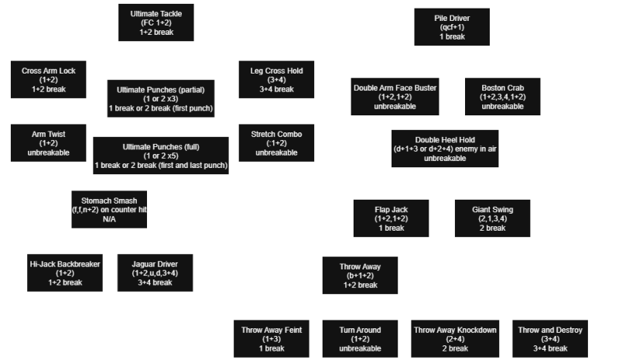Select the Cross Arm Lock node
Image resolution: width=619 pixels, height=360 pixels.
pyautogui.click(x=49, y=80)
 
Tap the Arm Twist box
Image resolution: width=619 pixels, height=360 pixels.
pyautogui.click(x=49, y=143)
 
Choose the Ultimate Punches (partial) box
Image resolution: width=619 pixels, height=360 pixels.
pyautogui.click(x=161, y=98)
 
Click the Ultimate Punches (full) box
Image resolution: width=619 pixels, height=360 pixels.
pyautogui.click(x=161, y=156)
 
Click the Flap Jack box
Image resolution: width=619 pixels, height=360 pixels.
pyautogui.click(x=391, y=218)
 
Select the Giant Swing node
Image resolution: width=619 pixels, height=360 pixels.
pyautogui.click(x=492, y=218)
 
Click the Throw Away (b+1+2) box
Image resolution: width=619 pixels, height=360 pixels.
pyautogui.click(x=361, y=275)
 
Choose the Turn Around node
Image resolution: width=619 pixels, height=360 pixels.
pyautogui.click(x=361, y=338)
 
